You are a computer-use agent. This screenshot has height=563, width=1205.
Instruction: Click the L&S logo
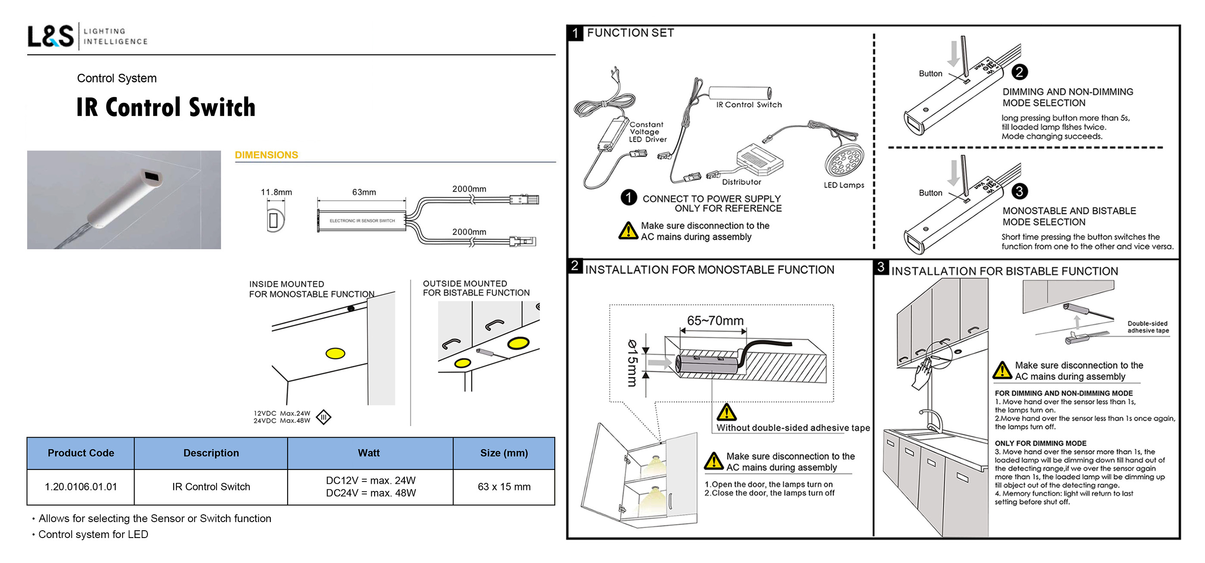(x=50, y=36)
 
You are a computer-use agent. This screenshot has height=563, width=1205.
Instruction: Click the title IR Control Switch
(x=166, y=107)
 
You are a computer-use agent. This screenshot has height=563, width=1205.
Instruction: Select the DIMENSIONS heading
(x=266, y=155)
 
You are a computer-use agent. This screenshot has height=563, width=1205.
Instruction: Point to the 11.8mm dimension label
(x=276, y=192)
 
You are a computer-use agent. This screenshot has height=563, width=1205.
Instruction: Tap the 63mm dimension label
(x=364, y=192)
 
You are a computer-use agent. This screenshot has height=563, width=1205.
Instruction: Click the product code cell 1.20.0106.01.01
(x=81, y=487)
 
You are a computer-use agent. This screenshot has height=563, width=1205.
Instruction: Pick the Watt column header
(x=369, y=453)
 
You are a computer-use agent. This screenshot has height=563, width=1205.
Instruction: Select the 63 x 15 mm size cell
(x=504, y=487)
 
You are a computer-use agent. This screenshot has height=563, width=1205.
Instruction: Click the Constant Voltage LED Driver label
(x=647, y=132)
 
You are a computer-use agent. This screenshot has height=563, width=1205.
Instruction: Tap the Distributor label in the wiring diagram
(x=742, y=182)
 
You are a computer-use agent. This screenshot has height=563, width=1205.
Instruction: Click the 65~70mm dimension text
(x=715, y=320)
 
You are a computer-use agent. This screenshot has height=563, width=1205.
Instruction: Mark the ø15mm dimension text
(x=632, y=363)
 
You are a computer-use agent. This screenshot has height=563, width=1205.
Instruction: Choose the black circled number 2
(x=1019, y=72)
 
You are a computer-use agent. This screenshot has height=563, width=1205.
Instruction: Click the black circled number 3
(x=1019, y=191)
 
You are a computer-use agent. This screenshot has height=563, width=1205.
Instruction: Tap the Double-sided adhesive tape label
(x=1148, y=327)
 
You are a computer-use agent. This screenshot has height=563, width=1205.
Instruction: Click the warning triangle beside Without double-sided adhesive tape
(x=726, y=412)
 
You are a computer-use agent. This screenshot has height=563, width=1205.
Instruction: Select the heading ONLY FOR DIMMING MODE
(x=1040, y=443)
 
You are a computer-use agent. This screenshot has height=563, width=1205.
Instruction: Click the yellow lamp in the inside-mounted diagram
(x=335, y=353)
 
